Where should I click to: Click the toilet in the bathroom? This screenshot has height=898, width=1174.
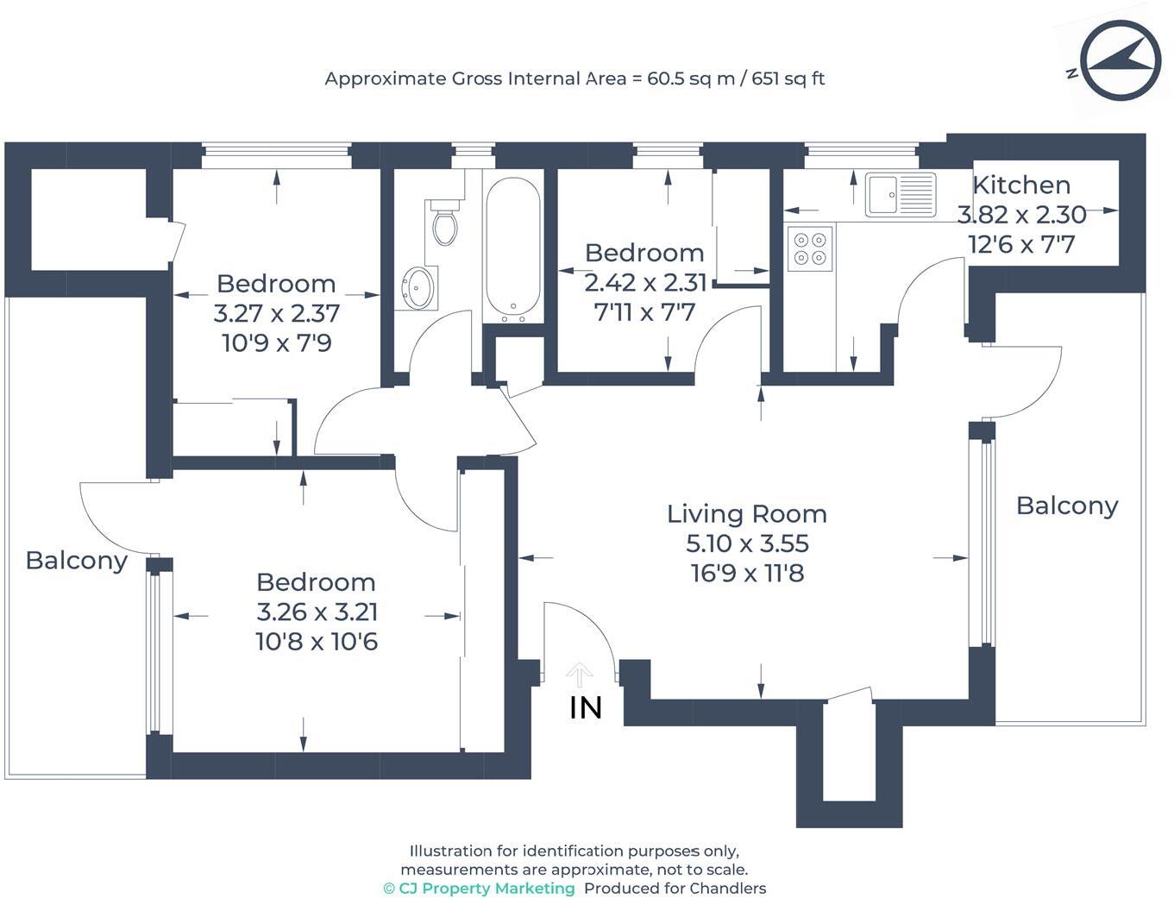pos(445,224)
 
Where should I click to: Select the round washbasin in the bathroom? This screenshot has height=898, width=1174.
pos(419,286)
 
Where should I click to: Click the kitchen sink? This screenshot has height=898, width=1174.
pos(900,194)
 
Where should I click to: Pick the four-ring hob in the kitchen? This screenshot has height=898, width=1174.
pos(809,248)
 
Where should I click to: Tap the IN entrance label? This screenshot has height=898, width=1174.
pos(586,708)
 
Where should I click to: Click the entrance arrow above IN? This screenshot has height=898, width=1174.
pos(580,674)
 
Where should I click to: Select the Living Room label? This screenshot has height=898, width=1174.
pos(746,514)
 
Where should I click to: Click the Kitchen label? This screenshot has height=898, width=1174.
pos(1021,185)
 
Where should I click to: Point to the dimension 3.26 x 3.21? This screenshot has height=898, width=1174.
pos(317,612)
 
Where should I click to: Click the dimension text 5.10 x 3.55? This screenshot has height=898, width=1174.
pos(747,543)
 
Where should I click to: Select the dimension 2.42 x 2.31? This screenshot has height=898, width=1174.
pos(645,282)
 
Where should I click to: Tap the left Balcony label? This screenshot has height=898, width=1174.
pos(77,561)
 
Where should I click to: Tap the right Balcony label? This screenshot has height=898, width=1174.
pos(1067,506)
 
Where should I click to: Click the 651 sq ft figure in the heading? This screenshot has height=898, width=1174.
pos(788,78)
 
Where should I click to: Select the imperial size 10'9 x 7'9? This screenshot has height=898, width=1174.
pos(277,343)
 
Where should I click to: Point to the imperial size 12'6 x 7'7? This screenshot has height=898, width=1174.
pos(1021,245)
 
